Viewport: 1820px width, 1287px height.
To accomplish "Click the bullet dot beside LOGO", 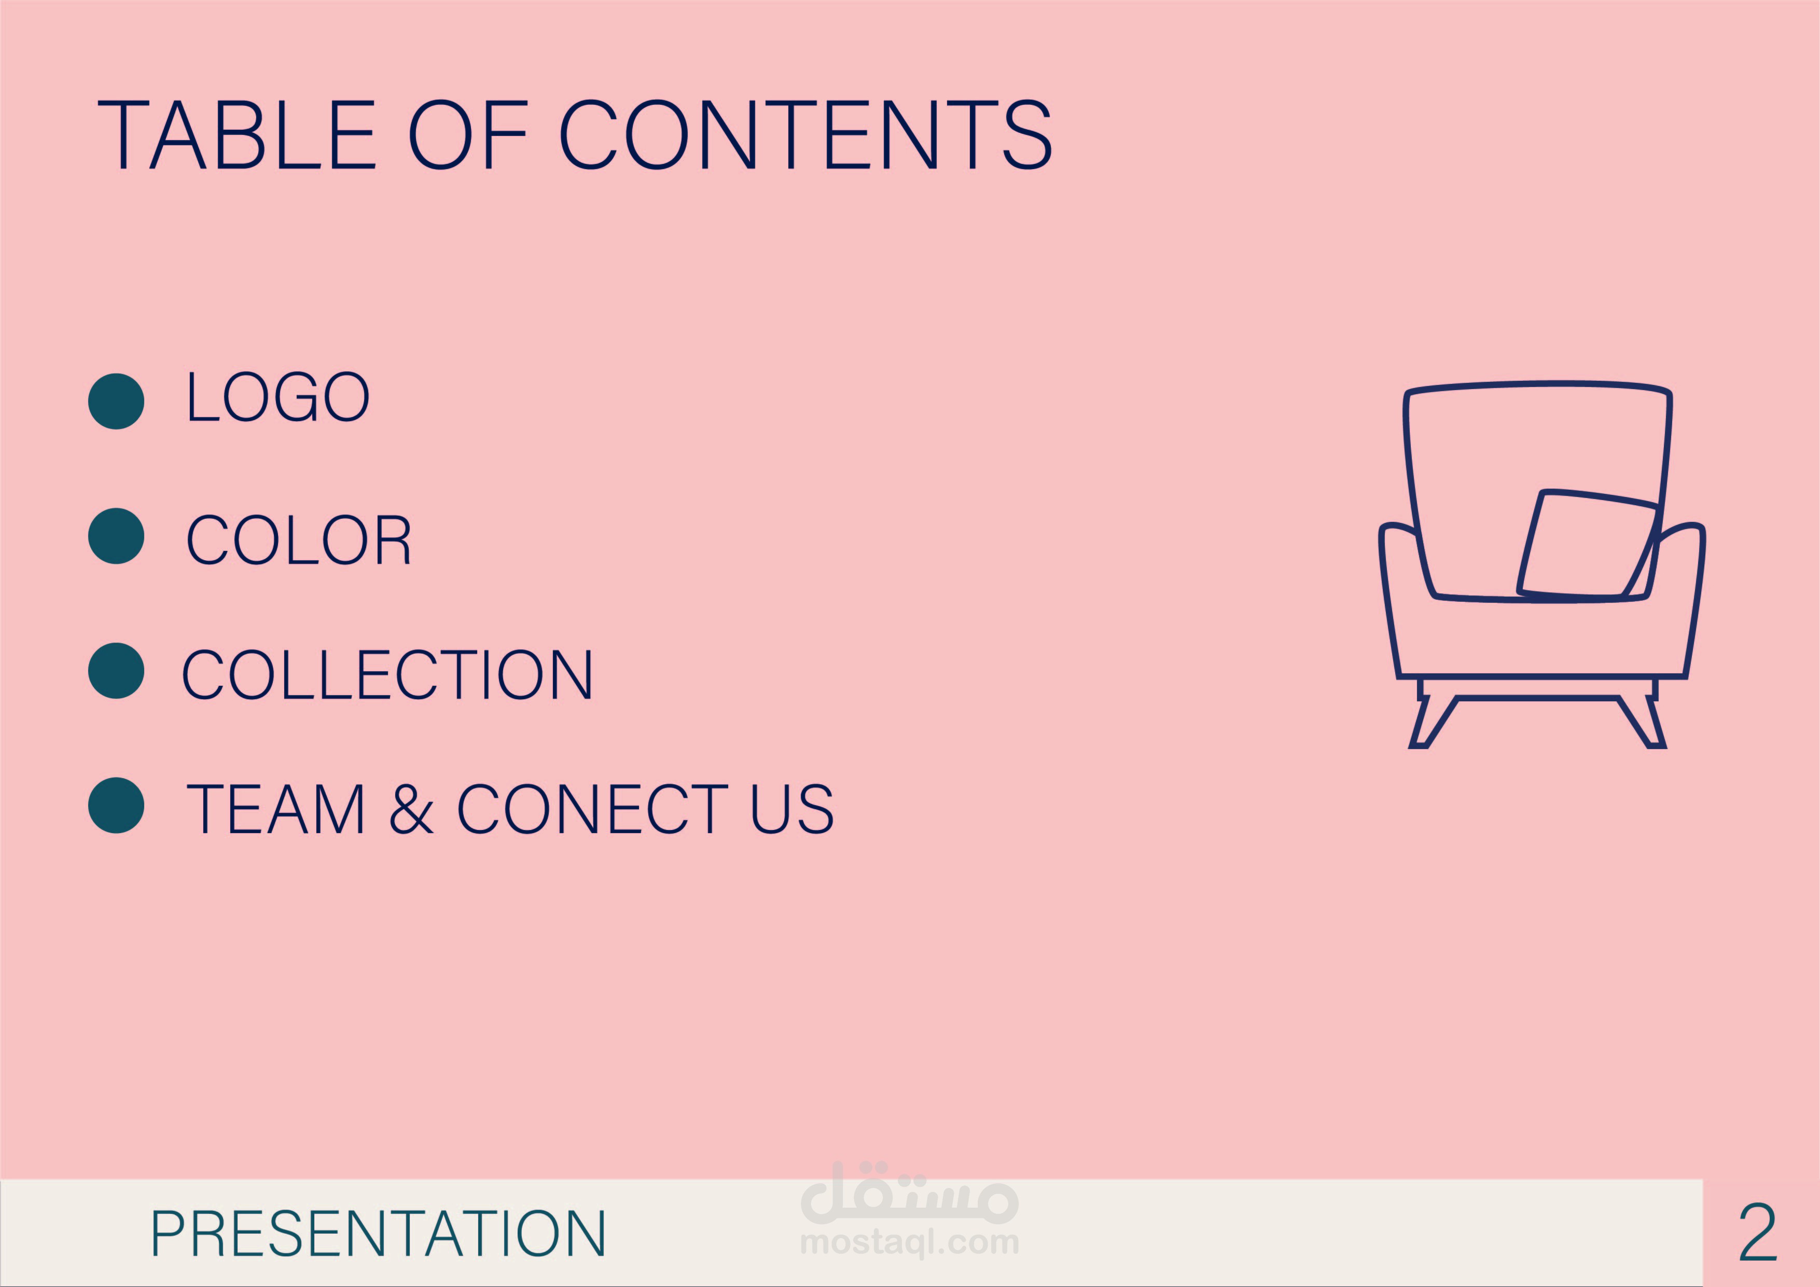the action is coord(116,401).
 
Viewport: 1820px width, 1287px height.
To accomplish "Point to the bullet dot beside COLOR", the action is coord(116,536).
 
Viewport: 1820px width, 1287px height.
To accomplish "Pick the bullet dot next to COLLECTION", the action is coord(116,671).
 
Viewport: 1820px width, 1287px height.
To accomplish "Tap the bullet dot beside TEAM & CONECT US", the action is coord(116,806).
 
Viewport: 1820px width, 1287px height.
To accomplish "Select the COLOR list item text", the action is coord(298,539).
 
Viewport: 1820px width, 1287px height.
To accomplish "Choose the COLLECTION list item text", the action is coord(387,674).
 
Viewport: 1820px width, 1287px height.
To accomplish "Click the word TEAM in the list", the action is coord(275,809).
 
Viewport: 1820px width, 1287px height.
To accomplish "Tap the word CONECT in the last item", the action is coord(592,809).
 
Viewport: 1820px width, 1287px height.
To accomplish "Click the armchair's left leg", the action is coord(1433,722).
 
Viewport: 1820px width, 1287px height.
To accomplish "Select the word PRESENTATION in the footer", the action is coord(378,1234).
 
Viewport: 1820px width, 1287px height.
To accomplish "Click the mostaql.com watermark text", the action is coord(909,1242).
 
